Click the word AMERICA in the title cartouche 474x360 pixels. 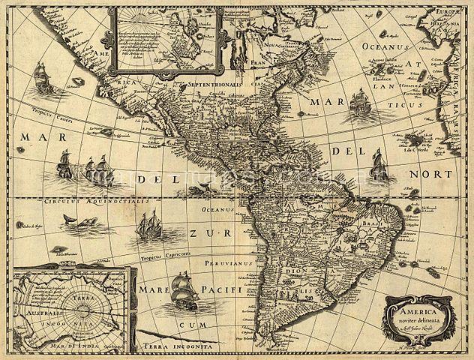coord(417,307)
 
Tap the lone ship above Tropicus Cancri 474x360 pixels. coord(42,78)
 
